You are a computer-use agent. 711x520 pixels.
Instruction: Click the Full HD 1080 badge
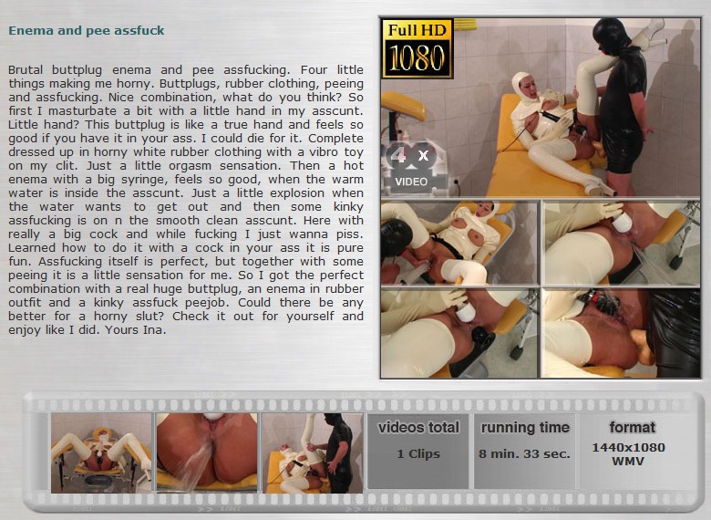(x=417, y=48)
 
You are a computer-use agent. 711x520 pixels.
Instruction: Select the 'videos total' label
(x=418, y=428)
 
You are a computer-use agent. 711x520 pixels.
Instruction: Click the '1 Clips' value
(x=418, y=453)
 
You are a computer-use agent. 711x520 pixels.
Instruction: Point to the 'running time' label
(x=525, y=428)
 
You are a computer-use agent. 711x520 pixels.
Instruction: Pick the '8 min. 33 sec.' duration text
(x=525, y=453)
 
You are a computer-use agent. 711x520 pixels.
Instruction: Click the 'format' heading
(x=633, y=427)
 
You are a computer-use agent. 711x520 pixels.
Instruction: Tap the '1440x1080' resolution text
(x=628, y=447)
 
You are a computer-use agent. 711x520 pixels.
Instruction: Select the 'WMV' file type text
(x=628, y=461)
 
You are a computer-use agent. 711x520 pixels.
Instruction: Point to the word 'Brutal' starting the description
(x=26, y=70)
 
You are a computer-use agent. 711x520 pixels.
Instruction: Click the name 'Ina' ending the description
(x=153, y=330)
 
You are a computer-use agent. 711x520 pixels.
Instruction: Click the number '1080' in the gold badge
(x=417, y=58)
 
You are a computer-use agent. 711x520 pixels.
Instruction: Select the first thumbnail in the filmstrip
(x=101, y=452)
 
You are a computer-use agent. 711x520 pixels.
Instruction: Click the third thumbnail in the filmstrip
(x=313, y=452)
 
